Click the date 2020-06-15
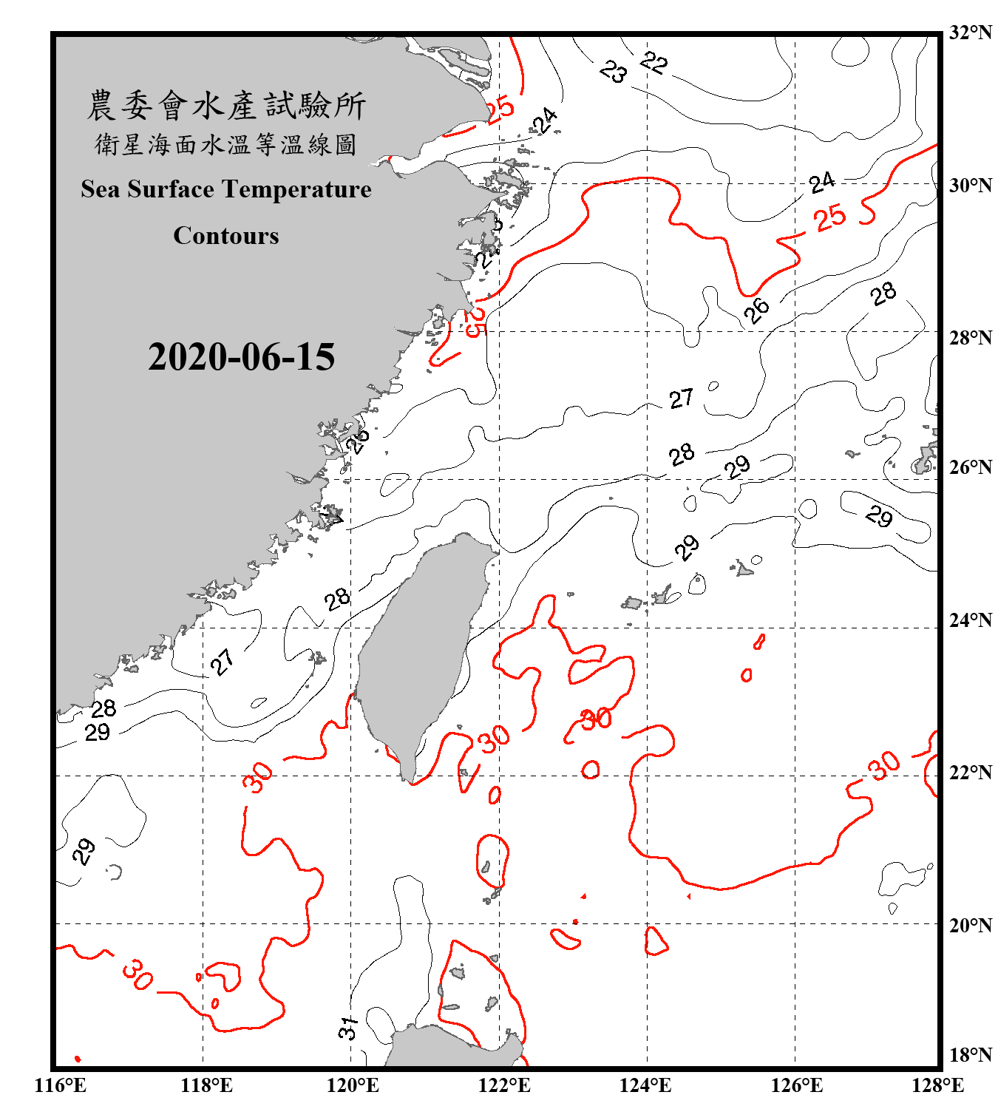241,357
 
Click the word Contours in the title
226,236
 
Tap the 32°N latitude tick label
970,33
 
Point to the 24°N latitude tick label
970,620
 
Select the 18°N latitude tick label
970,1055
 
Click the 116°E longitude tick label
61,1085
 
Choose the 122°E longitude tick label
504,1085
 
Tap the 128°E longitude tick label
937,1085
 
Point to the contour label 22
654,63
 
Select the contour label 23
613,72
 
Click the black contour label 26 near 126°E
756,311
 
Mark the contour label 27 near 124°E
681,399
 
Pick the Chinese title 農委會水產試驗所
226,106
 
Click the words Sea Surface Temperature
226,189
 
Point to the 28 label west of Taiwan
337,599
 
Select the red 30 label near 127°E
884,765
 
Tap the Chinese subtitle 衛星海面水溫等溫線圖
226,145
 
